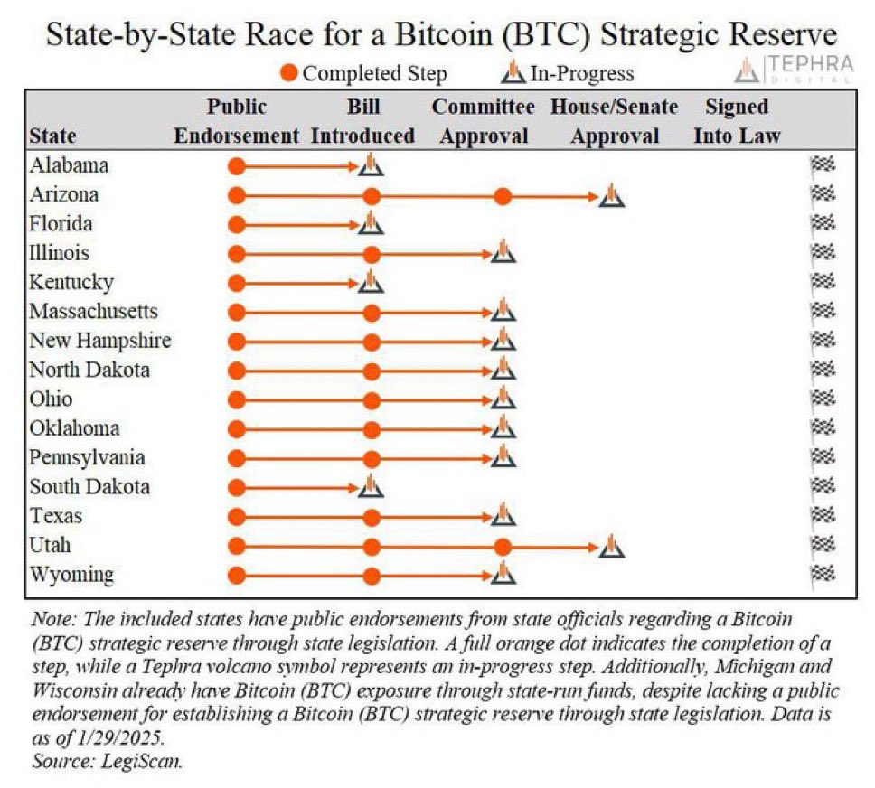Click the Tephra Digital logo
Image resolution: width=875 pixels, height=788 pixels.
[794, 69]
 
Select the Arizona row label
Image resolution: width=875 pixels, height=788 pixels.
[63, 194]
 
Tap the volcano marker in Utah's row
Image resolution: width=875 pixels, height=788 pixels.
[612, 547]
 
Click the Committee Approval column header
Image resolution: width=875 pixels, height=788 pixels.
[483, 121]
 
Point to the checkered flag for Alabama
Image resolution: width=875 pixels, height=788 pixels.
[823, 165]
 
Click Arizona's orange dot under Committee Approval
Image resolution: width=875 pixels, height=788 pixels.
[503, 196]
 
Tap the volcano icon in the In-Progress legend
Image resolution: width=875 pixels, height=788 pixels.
[513, 73]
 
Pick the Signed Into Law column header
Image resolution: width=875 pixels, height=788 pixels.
[736, 121]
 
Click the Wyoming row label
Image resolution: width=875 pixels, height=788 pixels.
[71, 575]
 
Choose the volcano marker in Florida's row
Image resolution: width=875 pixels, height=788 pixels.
[370, 223]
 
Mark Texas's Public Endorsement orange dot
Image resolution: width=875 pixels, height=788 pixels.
[237, 517]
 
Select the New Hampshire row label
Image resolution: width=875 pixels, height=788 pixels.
[99, 341]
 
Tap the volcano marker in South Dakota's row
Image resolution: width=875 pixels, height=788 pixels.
[370, 487]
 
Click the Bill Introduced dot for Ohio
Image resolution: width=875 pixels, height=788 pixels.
[371, 400]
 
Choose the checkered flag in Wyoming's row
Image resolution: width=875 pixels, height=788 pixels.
[823, 575]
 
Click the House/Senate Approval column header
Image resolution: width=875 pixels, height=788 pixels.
[614, 121]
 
